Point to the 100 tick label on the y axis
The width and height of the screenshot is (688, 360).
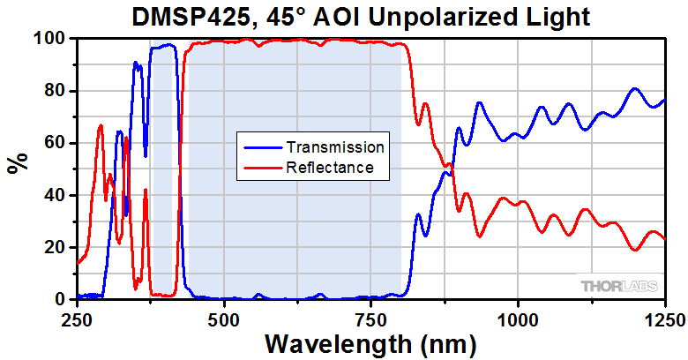click(51, 39)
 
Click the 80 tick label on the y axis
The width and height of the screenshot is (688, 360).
click(56, 91)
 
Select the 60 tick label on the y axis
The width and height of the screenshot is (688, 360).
click(56, 143)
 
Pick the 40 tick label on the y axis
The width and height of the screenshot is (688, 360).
click(56, 195)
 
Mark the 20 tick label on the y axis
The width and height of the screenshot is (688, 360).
click(56, 247)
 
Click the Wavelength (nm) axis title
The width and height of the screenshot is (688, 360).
click(370, 342)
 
